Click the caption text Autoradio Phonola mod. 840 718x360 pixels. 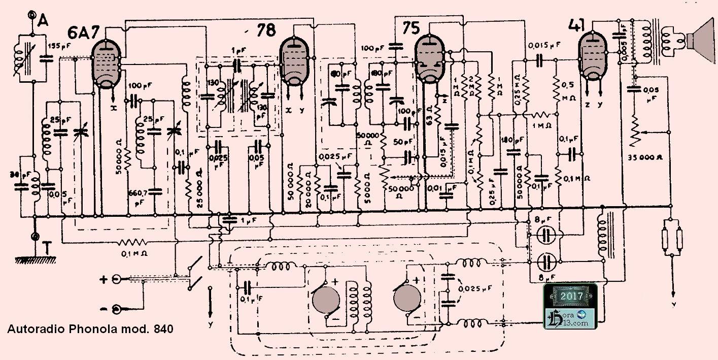pyautogui.click(x=90, y=329)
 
